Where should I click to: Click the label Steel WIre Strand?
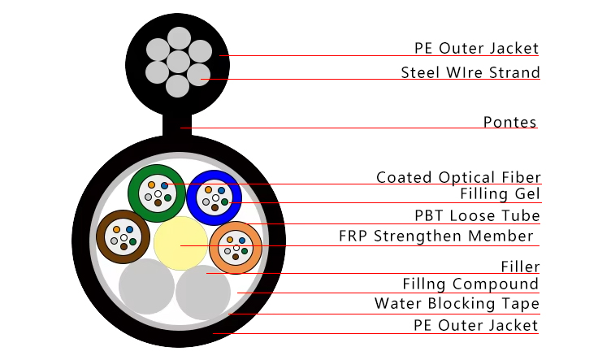470,73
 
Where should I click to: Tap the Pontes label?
510,123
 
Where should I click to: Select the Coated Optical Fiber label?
458,177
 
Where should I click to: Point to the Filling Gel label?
500,194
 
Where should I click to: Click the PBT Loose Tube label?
477,215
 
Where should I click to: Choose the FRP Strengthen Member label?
435,236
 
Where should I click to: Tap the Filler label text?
521,267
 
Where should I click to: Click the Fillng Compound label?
471,284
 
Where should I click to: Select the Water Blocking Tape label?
457,304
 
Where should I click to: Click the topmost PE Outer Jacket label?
476,48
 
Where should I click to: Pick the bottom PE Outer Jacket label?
476,325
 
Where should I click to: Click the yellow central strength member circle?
180,243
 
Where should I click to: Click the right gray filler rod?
203,292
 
